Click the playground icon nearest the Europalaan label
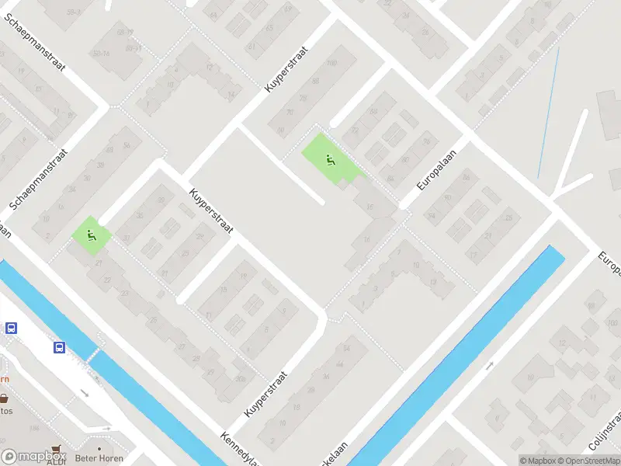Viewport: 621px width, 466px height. [x=331, y=161]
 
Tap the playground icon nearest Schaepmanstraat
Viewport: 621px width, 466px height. [x=92, y=235]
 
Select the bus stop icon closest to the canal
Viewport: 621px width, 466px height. [x=60, y=347]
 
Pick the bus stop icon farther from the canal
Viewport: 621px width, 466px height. [x=11, y=328]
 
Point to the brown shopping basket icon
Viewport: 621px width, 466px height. [x=4, y=398]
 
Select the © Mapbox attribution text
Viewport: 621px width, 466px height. [x=536, y=461]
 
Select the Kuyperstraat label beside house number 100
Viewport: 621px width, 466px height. [x=286, y=68]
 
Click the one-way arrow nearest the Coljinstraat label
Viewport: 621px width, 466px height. [x=491, y=364]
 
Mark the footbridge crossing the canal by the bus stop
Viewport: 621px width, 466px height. [x=92, y=356]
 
